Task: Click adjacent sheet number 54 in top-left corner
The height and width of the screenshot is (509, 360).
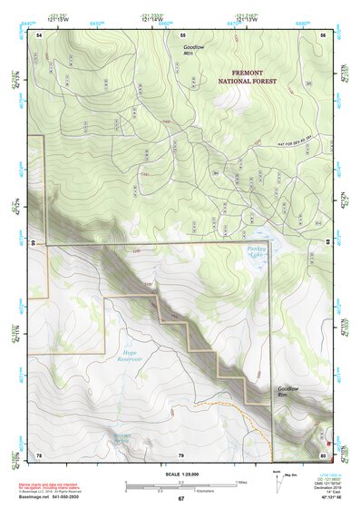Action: coord(39,34)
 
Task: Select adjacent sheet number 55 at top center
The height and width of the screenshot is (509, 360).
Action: coord(181,34)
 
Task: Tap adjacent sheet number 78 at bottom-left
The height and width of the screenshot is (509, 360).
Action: coord(39,454)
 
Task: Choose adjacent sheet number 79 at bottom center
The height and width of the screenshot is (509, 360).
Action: coord(181,454)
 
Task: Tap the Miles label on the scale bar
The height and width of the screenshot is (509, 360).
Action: coord(240,482)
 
